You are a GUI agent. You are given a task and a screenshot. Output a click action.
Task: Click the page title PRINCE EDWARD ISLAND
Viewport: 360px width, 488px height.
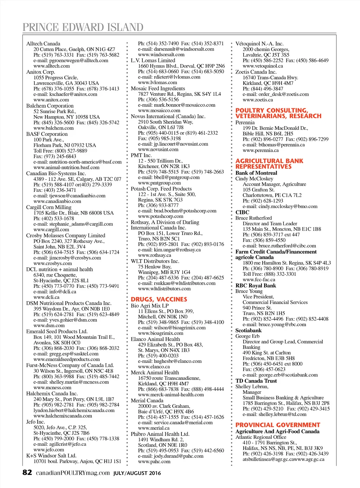(x=83, y=27)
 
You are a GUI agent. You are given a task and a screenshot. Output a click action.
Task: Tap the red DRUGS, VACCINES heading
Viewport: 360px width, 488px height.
(x=159, y=299)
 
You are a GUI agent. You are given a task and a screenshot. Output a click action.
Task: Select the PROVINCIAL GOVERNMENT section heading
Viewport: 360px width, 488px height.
(x=278, y=425)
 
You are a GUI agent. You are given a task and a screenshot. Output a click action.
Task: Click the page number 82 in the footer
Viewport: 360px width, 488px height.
(x=27, y=473)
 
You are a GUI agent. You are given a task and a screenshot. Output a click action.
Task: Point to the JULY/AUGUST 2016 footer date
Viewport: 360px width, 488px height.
(x=137, y=473)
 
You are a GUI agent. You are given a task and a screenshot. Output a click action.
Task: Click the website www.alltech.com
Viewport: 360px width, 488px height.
(x=52, y=66)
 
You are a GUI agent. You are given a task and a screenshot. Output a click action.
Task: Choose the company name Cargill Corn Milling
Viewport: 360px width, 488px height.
(x=49, y=207)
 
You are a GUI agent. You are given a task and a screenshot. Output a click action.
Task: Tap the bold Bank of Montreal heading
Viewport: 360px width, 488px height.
(x=256, y=173)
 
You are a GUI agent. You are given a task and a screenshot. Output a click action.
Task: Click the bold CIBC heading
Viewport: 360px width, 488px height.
(x=242, y=213)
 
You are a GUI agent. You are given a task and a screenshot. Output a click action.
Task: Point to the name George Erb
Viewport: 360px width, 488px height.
(x=247, y=336)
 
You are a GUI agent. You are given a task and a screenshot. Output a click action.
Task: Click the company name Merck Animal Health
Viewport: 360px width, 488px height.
(x=155, y=373)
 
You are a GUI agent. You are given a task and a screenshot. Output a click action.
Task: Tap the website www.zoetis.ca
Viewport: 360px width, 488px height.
(x=258, y=100)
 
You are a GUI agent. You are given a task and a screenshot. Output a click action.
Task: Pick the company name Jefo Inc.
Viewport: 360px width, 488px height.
(x=36, y=422)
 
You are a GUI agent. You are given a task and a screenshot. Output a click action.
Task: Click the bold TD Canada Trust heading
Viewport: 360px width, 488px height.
(x=256, y=381)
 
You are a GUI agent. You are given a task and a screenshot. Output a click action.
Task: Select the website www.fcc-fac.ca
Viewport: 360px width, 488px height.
(x=259, y=280)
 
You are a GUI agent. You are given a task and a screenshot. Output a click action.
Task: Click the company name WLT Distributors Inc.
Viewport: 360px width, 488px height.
(x=155, y=261)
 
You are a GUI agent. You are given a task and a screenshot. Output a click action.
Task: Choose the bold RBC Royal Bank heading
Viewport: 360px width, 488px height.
(x=256, y=286)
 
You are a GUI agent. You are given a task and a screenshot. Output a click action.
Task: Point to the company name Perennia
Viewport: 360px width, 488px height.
(x=245, y=123)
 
